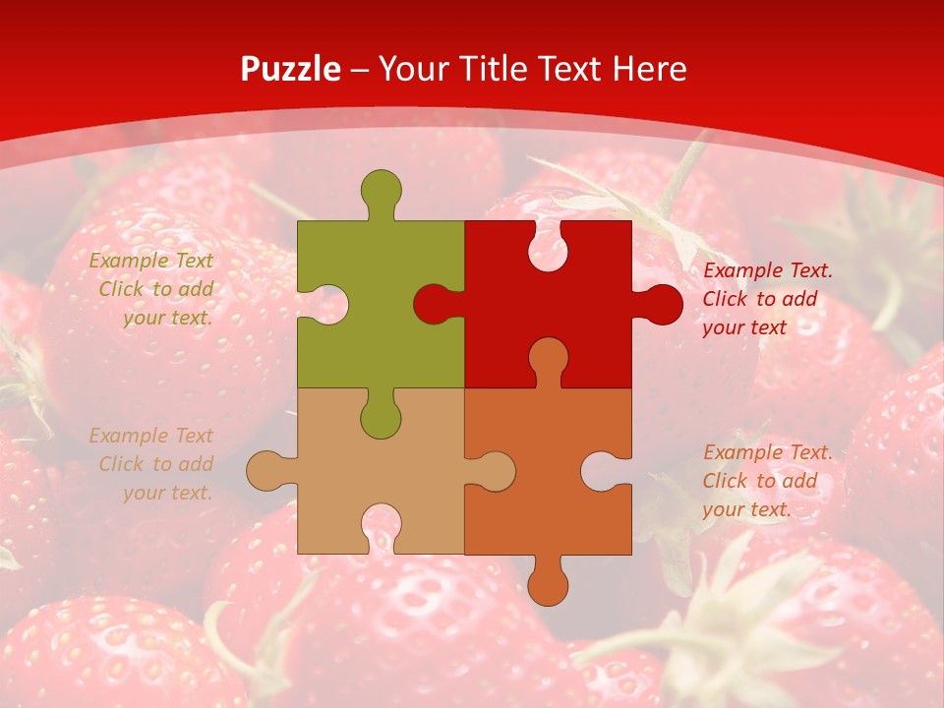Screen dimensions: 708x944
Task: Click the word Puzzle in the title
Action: click(291, 69)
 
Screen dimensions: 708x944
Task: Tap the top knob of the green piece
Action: click(381, 189)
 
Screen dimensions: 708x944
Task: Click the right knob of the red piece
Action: click(662, 304)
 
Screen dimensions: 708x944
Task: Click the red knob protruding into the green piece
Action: click(432, 304)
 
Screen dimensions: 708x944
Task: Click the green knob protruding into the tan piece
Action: click(381, 419)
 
